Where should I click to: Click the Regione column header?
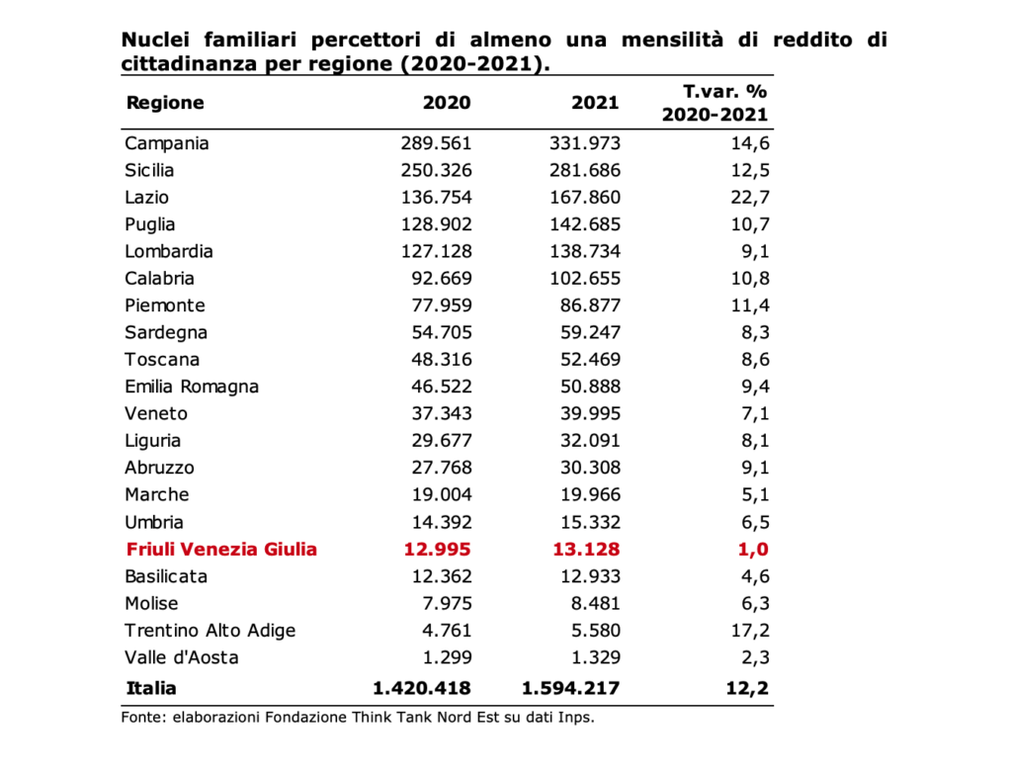pos(165,103)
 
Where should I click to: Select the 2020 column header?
pos(447,103)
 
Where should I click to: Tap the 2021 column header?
pos(595,103)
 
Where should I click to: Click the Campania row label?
pos(166,143)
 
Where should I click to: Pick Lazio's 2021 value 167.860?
pos(585,197)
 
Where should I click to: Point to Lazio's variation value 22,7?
pos(750,198)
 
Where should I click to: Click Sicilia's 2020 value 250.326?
pos(436,170)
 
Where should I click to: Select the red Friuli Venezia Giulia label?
pos(221,550)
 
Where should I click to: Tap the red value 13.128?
pos(586,550)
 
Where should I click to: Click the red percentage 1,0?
pos(753,550)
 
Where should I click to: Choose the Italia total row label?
pos(151,688)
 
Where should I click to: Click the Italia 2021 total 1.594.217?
pos(570,688)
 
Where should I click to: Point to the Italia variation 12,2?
pos(747,689)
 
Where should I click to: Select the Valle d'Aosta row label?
pos(182,657)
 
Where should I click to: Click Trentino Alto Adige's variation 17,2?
pos(750,631)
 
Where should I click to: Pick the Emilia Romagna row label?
pos(192,388)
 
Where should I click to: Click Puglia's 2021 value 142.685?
pos(585,224)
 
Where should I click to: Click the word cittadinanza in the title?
pos(192,64)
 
